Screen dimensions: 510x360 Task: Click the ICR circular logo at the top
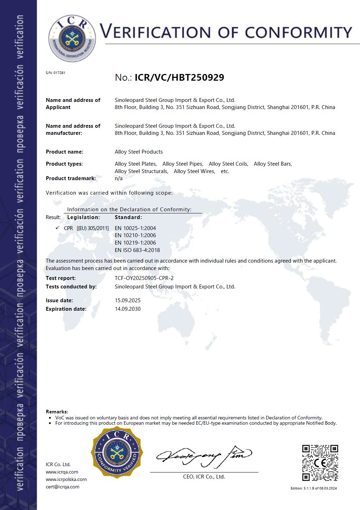72,38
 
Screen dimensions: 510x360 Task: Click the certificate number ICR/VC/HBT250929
179,78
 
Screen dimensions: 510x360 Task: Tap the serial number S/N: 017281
56,73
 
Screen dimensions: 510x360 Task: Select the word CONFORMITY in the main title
298,33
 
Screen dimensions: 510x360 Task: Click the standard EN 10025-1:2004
135,228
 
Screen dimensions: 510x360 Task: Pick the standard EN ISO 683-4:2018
137,250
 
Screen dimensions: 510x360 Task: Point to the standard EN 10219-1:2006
135,243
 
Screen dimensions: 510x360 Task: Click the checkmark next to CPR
57,228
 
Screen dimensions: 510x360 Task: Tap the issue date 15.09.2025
127,300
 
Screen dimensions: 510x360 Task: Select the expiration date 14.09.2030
127,309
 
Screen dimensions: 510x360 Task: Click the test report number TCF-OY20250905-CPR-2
144,278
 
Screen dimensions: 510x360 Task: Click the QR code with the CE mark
320,463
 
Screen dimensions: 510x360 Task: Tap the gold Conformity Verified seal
117,453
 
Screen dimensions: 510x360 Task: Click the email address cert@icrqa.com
62,487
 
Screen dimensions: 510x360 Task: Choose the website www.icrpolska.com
66,480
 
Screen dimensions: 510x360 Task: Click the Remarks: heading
57,412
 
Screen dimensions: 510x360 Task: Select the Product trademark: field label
71,178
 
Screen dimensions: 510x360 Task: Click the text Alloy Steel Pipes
182,164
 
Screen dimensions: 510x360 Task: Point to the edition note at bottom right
314,488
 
